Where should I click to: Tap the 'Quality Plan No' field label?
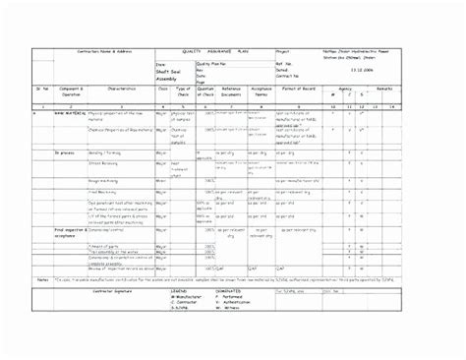(211, 63)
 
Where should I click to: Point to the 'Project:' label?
(283, 51)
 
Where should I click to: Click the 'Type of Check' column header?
(183, 90)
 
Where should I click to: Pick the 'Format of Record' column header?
(299, 89)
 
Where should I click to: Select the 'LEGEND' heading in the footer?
(180, 291)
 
